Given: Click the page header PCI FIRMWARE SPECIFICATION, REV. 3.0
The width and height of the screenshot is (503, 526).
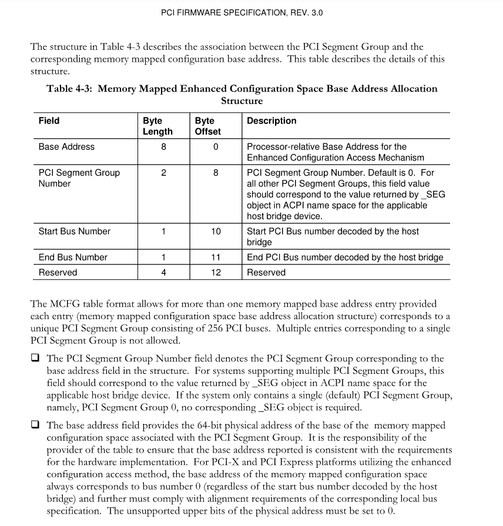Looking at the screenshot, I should tap(242, 12).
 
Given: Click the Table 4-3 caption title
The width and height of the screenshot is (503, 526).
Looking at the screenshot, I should tap(242, 95).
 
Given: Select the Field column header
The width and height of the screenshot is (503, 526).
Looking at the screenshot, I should tap(49, 121).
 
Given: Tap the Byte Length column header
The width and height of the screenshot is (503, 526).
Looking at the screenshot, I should tap(157, 126).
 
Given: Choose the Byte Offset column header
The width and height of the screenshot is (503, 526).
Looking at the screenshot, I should tap(207, 126).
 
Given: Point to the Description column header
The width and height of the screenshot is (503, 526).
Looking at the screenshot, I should tap(271, 121).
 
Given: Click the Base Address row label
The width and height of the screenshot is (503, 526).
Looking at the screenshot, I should tap(66, 147).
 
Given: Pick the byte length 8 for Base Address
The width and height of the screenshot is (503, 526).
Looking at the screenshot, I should tap(163, 147).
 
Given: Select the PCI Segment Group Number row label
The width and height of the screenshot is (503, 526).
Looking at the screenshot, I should tap(79, 178).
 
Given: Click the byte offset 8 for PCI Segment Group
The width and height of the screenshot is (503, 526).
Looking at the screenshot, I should tap(216, 173).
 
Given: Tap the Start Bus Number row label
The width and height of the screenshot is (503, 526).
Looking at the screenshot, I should tap(74, 232).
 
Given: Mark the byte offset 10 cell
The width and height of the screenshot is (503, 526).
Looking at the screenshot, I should tap(216, 232).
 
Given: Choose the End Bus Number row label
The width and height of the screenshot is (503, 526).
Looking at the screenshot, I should tap(73, 257).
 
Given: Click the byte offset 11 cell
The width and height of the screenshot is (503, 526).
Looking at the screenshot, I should tap(216, 257).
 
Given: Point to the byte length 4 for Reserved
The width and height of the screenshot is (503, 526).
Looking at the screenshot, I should tap(163, 273).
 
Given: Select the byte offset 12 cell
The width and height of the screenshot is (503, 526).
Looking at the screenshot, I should tap(216, 273).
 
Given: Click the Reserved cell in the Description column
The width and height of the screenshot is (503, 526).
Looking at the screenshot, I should tap(266, 273).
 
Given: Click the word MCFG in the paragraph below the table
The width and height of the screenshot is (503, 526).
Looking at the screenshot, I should tap(65, 304).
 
